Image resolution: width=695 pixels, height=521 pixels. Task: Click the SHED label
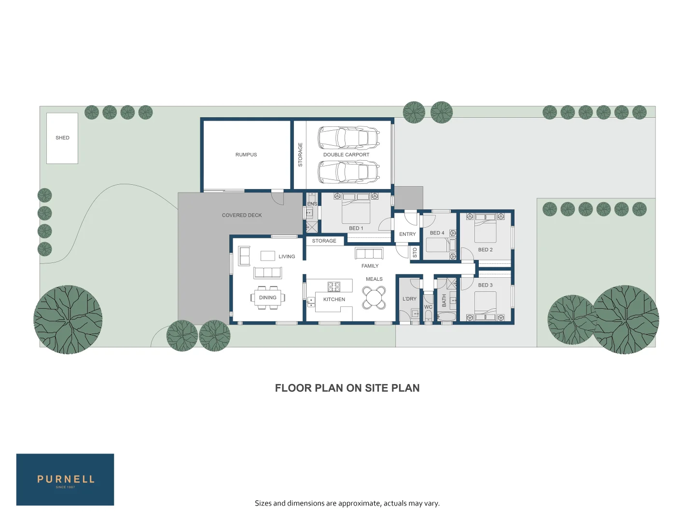(62, 138)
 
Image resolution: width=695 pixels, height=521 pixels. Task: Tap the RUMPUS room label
(246, 155)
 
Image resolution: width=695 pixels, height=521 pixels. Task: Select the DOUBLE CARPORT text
(346, 155)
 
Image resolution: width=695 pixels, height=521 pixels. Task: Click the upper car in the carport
(348, 138)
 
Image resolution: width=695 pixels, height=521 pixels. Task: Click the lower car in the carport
(348, 172)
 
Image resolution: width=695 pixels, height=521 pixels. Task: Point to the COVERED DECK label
(242, 215)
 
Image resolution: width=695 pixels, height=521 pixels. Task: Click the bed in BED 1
(356, 211)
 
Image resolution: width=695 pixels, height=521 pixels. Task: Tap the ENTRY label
(407, 234)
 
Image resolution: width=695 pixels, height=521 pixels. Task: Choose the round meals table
(374, 298)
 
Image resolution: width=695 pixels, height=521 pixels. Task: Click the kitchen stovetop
(334, 287)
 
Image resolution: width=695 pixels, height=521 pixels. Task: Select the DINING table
(268, 298)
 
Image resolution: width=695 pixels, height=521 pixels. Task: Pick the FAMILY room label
(370, 266)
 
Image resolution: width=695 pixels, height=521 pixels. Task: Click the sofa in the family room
(369, 253)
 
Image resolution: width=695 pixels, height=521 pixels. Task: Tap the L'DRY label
(409, 299)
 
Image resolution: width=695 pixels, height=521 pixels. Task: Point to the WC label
(428, 307)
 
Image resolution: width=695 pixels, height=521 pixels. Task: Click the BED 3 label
(485, 285)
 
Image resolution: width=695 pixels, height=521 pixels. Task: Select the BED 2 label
(485, 250)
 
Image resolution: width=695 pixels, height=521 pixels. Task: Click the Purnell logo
(65, 480)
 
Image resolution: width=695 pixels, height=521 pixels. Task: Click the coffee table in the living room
(268, 256)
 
